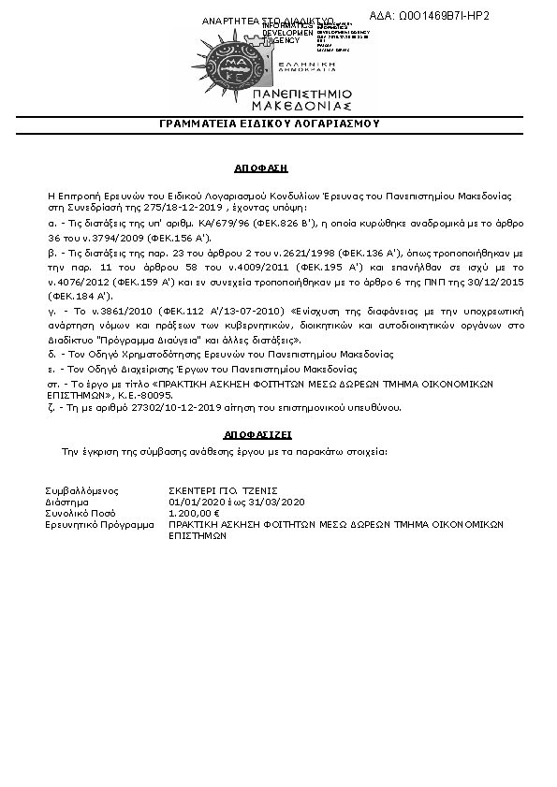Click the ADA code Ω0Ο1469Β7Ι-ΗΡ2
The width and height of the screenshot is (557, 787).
(x=444, y=16)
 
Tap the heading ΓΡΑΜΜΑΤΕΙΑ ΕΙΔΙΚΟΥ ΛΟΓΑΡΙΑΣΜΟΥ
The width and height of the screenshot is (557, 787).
(x=270, y=124)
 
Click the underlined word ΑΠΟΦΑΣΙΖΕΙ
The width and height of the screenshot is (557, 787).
(x=258, y=435)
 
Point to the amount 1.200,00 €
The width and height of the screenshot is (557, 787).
(x=194, y=513)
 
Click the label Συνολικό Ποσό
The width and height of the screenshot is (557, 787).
(x=80, y=513)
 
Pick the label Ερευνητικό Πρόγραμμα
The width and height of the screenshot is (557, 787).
(x=99, y=525)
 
